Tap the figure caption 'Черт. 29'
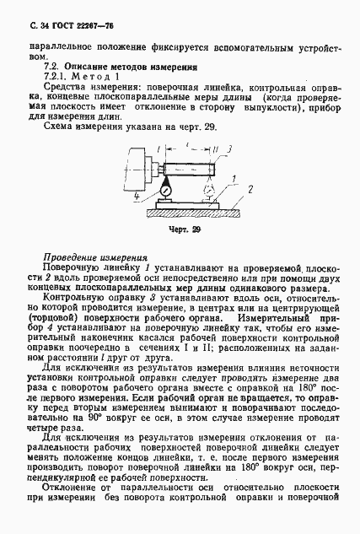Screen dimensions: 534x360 pos(183,229)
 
